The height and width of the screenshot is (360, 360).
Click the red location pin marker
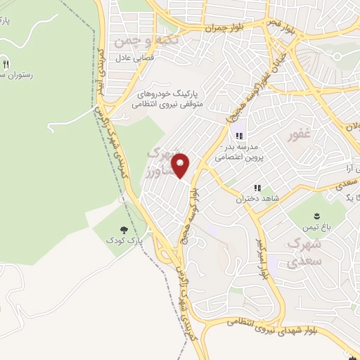point(181,165)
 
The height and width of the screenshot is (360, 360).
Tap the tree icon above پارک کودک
point(124,229)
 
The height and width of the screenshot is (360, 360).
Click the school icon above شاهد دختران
point(257,188)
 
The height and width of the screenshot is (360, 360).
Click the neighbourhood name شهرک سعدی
point(304,252)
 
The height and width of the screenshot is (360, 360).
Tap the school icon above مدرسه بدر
point(239,135)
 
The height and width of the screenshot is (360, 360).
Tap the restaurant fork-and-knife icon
point(8,60)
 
